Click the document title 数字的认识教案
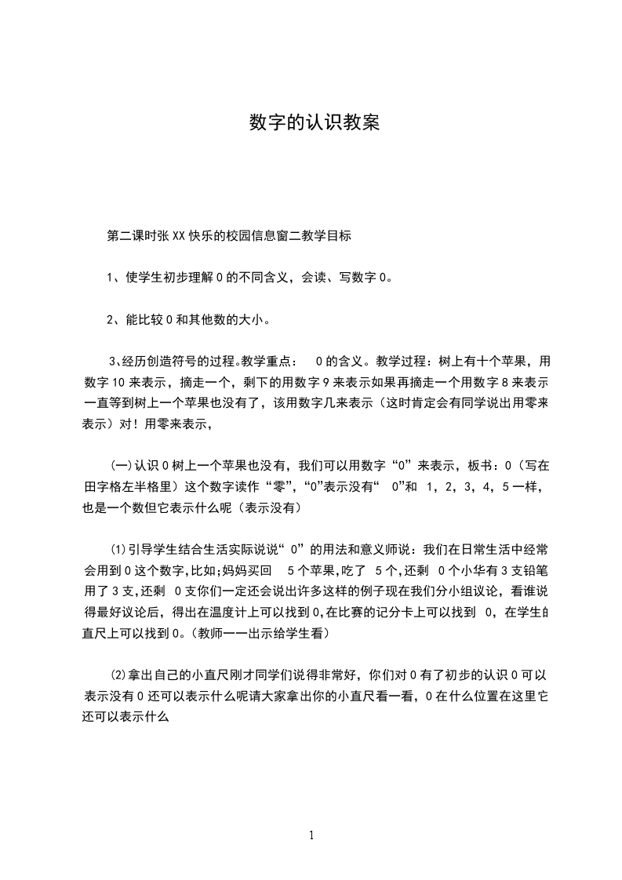pyautogui.click(x=314, y=122)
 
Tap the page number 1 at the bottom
pyautogui.click(x=312, y=836)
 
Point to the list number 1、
pyautogui.click(x=114, y=277)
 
